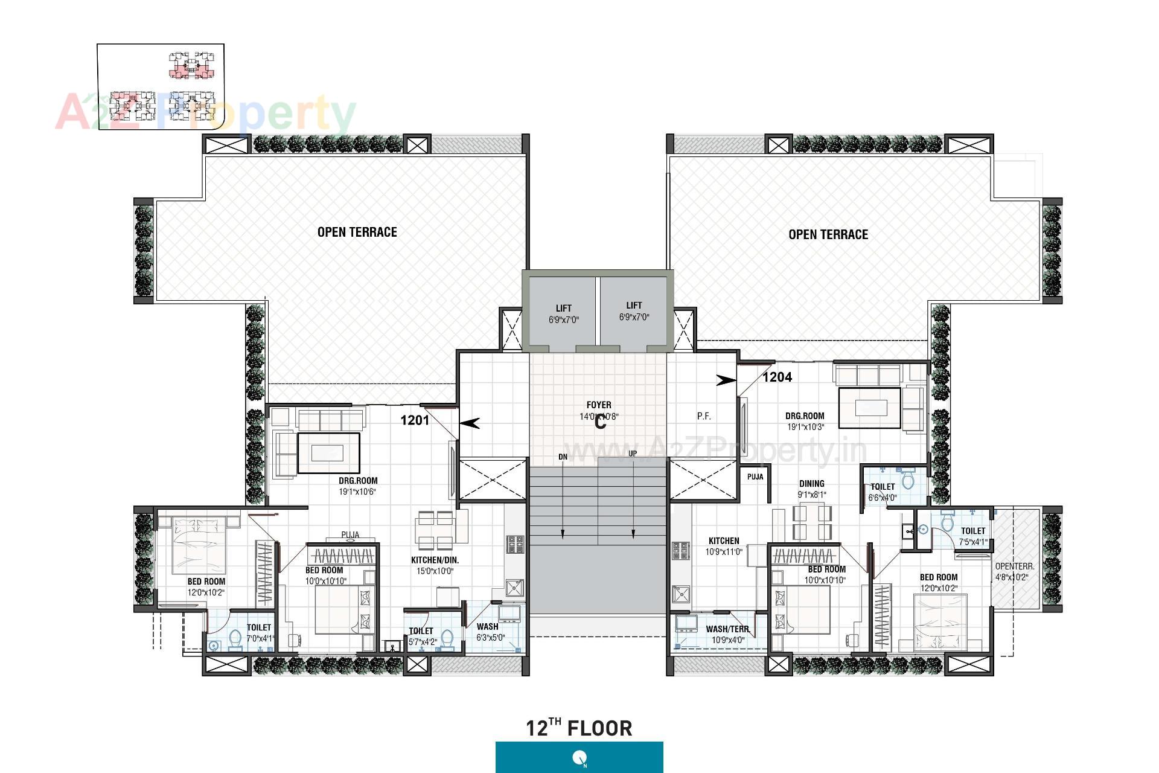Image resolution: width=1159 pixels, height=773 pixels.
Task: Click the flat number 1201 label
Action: click(415, 420)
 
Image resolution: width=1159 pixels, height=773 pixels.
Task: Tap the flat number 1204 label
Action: click(777, 377)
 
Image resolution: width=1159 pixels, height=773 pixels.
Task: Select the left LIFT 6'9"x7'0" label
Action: click(563, 314)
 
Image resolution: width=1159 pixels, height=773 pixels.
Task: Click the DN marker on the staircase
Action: click(563, 457)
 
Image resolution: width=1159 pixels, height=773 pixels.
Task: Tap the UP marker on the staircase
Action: click(633, 454)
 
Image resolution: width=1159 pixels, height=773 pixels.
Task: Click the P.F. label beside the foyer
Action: click(704, 416)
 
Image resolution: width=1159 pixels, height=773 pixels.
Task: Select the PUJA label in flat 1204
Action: click(755, 476)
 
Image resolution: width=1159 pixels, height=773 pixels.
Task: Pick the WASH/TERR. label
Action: click(727, 634)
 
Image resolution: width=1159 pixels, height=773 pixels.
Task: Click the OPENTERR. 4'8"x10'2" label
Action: click(1015, 571)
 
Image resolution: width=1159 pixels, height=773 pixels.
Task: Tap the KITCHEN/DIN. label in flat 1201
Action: click(435, 565)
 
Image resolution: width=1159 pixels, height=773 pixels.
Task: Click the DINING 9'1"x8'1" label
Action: click(812, 489)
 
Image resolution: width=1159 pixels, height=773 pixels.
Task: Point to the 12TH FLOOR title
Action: click(579, 728)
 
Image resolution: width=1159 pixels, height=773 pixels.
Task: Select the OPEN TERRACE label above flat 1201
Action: click(357, 233)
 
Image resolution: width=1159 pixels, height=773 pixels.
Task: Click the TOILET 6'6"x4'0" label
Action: click(883, 492)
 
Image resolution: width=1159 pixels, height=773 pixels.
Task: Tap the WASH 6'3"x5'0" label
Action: click(490, 632)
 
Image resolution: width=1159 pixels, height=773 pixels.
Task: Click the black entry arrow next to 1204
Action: click(726, 380)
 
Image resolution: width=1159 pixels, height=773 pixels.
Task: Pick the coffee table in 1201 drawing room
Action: click(328, 453)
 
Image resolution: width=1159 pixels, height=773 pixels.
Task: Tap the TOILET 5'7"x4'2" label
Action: click(421, 636)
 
